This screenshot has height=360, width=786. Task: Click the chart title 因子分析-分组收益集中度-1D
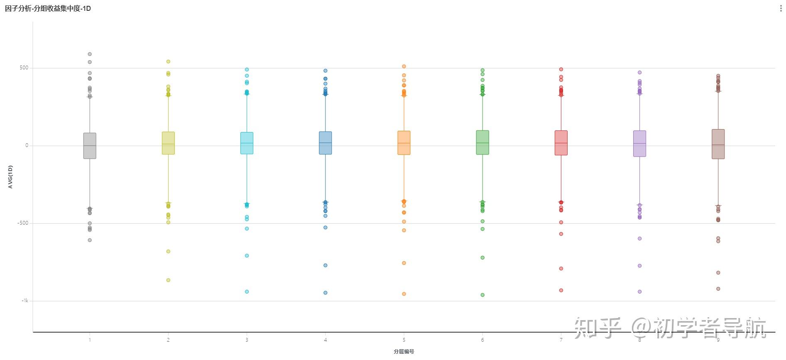click(x=48, y=8)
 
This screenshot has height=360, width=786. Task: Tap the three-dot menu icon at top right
click(x=781, y=9)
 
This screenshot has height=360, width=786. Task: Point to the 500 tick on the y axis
click(x=24, y=68)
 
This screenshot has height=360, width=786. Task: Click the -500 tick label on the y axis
click(x=23, y=223)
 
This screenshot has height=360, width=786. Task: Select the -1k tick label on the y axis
click(x=24, y=301)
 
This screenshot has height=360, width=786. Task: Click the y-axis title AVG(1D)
click(x=10, y=177)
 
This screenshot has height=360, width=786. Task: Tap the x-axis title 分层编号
click(x=404, y=352)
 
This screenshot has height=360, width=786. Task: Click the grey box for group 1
click(x=90, y=146)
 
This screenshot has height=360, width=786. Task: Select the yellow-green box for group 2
click(x=168, y=143)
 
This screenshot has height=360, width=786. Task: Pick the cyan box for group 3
click(x=247, y=143)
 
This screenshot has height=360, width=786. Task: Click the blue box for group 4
click(x=325, y=143)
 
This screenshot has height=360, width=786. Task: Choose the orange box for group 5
click(x=404, y=143)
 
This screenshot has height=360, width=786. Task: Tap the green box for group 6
click(x=482, y=142)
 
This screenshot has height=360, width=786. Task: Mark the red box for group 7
click(x=561, y=143)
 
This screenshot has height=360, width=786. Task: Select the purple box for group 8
click(x=639, y=143)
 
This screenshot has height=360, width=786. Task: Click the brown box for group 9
click(x=718, y=144)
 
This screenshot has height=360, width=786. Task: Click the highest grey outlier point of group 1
click(x=90, y=54)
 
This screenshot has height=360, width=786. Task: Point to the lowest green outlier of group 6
click(x=482, y=295)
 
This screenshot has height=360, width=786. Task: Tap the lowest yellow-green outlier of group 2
click(x=168, y=280)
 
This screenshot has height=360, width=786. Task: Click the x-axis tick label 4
click(x=325, y=340)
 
